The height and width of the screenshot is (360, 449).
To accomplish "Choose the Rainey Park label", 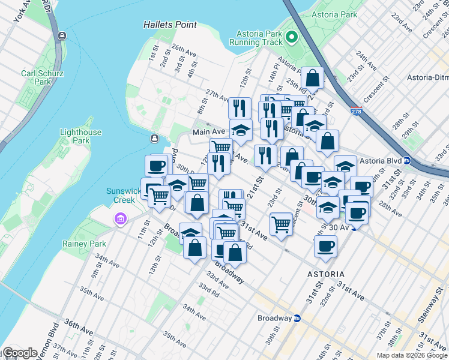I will point(84,244).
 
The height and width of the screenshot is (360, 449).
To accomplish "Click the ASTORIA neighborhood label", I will point(326,274).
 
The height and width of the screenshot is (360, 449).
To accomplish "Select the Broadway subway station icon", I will point(297,318).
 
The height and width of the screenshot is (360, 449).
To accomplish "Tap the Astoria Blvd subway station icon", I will point(406,161).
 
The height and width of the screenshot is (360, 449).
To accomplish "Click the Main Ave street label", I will point(208,131).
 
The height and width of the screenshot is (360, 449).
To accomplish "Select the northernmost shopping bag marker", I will point(312,78).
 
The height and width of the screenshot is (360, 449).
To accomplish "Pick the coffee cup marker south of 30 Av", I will point(325,245).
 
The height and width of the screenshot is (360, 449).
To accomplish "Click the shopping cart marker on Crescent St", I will point(280,224).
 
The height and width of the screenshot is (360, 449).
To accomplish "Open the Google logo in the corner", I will point(20,353).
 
